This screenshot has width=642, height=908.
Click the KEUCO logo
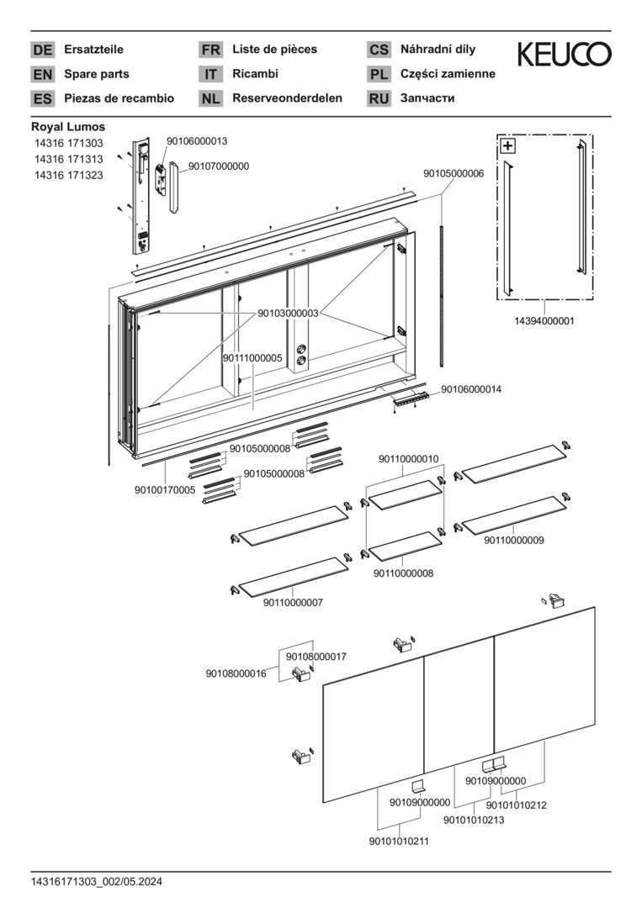point(564,55)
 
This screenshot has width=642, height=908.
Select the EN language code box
point(42,74)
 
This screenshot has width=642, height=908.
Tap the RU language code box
point(379,98)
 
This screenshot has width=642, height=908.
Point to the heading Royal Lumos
point(68,127)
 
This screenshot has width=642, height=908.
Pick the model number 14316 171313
point(68,160)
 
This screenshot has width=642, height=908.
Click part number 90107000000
point(219,166)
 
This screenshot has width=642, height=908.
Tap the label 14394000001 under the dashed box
point(544,320)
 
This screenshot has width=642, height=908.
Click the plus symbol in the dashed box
point(507,145)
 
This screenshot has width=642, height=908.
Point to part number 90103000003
point(288,313)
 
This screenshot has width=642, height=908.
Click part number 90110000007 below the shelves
point(293,603)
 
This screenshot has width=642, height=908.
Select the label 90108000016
point(236,673)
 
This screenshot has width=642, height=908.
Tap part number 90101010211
point(399,841)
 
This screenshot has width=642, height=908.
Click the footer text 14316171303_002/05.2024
point(96,882)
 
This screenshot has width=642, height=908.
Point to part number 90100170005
point(165,489)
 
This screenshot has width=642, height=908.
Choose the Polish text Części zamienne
point(448,74)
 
